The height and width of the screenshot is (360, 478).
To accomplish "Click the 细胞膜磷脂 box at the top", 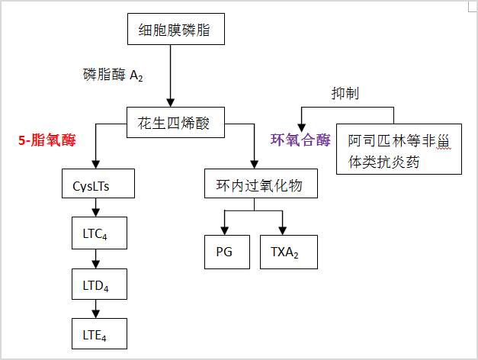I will [x=175, y=31].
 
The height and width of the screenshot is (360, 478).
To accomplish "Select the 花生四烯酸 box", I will [x=175, y=122].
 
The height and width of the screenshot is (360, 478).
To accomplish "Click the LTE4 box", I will [x=94, y=333].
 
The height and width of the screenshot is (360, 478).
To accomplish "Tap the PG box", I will [x=227, y=252].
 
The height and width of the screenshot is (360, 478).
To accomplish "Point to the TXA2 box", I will [x=284, y=252].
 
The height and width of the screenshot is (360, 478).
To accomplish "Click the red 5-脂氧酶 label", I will [x=47, y=140].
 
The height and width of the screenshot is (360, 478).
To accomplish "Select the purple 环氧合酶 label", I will [x=300, y=140].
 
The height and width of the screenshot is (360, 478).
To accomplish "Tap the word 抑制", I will [x=345, y=94].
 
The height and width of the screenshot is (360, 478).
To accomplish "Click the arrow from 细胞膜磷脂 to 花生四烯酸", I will [x=171, y=76].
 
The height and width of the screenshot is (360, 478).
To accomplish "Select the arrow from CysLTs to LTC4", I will [x=94, y=207].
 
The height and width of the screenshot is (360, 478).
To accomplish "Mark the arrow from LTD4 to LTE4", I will [x=94, y=308].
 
